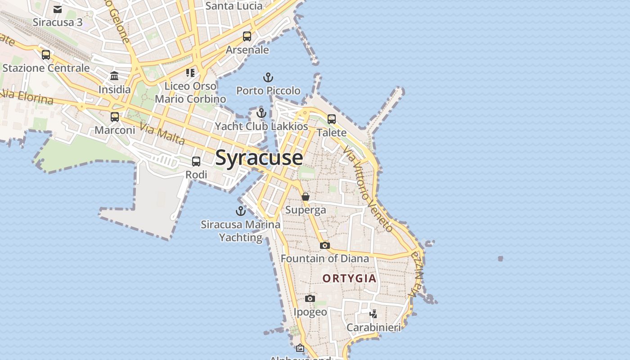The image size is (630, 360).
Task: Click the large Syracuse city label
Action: click(259, 158)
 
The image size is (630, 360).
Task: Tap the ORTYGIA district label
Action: click(349, 278)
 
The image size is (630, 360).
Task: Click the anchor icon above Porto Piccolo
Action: click(268, 77)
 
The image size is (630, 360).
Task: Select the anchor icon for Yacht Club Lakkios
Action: click(261, 113)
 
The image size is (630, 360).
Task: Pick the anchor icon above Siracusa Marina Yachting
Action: click(241, 211)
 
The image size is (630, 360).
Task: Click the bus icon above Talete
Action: click(332, 119)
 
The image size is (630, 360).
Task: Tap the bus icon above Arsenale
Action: click(247, 36)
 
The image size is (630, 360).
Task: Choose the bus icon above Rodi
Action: click(196, 162)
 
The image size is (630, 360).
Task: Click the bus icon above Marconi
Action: click(115, 117)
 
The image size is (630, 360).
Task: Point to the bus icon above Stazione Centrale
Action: click(46, 55)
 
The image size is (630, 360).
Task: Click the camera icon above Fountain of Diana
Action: click(324, 245)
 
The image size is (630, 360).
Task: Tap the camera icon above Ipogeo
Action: click(310, 298)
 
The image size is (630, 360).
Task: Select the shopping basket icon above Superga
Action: click(306, 197)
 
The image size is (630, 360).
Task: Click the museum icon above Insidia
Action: click(114, 76)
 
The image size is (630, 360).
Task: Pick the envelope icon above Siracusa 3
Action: click(58, 9)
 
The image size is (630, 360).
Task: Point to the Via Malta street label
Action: click(162, 134)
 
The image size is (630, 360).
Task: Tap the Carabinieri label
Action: click(373, 327)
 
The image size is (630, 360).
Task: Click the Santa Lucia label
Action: click(234, 6)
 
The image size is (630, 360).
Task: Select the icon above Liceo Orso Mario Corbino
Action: click(190, 72)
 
